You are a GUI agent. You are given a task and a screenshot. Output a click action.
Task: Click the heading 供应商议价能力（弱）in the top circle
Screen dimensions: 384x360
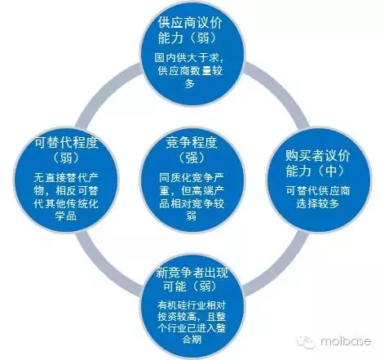tap(190, 31)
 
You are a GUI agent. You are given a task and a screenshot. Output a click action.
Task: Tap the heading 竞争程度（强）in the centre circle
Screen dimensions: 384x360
tap(192, 150)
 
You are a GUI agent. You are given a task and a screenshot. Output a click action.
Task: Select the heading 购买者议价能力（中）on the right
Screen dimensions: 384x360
tap(318, 163)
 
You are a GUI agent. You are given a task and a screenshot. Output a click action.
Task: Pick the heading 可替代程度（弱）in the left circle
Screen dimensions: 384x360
tap(66, 150)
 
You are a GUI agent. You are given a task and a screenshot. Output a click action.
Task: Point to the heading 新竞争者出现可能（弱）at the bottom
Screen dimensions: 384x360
tap(192, 280)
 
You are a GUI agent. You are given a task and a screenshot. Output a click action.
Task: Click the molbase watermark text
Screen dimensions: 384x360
tap(346, 341)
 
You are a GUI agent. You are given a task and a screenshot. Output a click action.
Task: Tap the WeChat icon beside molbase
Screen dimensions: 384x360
tap(306, 342)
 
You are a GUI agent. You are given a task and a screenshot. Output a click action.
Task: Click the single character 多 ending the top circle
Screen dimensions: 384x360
tap(190, 83)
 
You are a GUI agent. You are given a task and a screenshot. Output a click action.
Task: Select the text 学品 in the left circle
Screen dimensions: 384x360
tap(66, 216)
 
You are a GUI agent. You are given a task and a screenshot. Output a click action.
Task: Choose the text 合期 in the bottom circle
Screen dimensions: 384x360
tap(192, 339)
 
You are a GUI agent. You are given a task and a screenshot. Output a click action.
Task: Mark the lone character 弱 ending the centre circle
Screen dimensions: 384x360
tap(192, 216)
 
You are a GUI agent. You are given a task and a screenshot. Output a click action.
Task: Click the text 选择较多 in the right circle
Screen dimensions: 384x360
tap(318, 203)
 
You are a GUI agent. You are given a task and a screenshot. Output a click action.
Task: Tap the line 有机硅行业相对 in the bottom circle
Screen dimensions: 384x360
tap(192, 305)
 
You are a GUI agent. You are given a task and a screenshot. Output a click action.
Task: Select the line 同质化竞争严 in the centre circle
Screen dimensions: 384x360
tap(192, 178)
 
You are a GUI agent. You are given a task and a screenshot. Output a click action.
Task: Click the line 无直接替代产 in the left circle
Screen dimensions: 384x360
tap(66, 178)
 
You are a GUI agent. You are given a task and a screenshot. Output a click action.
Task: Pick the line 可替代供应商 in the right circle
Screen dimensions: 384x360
tap(318, 191)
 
